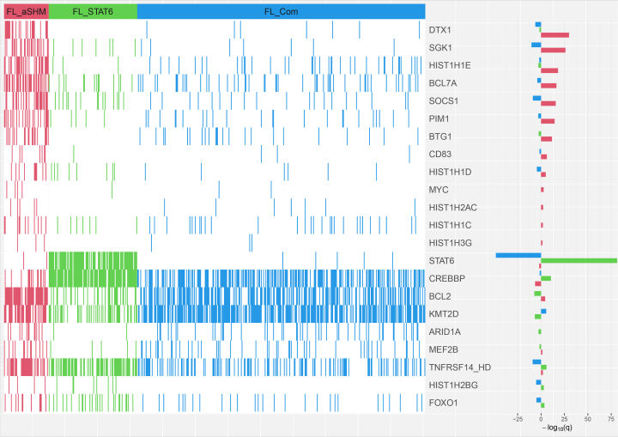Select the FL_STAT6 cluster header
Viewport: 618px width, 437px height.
(x=93, y=10)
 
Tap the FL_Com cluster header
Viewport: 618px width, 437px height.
(x=281, y=10)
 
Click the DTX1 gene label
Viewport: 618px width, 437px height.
(x=439, y=30)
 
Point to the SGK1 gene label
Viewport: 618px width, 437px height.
(x=440, y=48)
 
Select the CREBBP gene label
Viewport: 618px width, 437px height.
(x=446, y=278)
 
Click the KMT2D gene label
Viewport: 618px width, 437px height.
(x=443, y=313)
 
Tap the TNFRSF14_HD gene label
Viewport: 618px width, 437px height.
(x=457, y=367)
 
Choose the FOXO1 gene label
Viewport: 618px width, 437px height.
(x=443, y=402)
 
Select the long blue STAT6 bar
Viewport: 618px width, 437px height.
(x=518, y=255)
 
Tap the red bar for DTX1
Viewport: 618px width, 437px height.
(x=554, y=35)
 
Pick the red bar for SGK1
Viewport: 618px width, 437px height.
(x=553, y=51)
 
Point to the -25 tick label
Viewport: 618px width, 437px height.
(x=518, y=418)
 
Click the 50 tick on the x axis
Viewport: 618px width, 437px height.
(x=587, y=418)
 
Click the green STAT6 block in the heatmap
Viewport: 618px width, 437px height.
(x=93, y=269)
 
